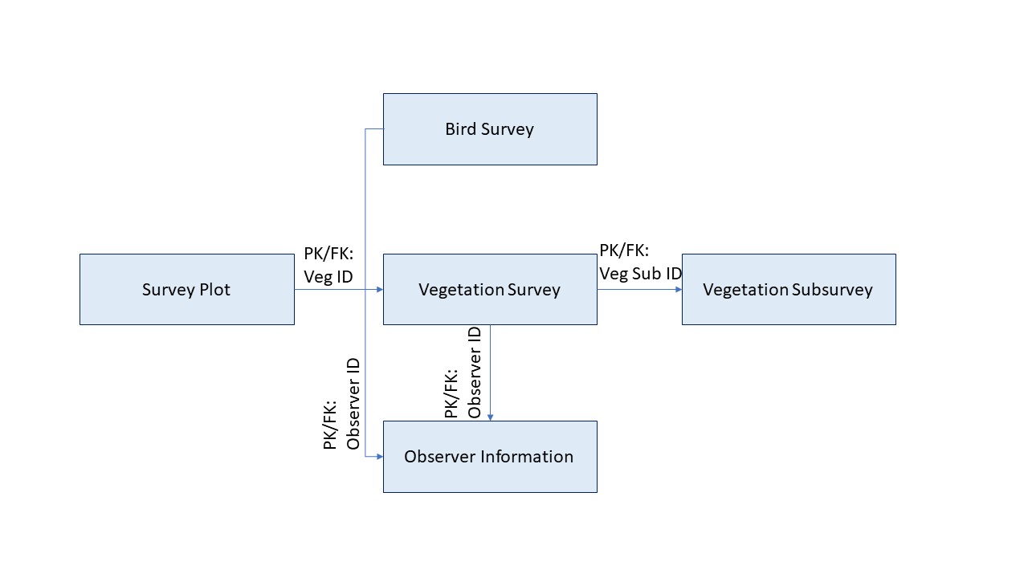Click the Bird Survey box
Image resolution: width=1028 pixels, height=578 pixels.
(x=490, y=129)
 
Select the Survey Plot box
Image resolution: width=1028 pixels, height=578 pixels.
(x=186, y=290)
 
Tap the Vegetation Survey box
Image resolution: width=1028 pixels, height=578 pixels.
(x=490, y=290)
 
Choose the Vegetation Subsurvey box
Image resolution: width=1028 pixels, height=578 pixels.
(x=788, y=290)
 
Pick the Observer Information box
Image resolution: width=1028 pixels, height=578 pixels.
(x=490, y=457)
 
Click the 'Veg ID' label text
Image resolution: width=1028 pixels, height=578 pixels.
(x=328, y=277)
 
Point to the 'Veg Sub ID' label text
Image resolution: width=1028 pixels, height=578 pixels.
(x=640, y=273)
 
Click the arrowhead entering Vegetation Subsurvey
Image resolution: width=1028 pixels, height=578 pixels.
(x=679, y=290)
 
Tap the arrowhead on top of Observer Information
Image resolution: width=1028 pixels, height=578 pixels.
(x=490, y=417)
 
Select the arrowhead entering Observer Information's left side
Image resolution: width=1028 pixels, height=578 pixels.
(x=379, y=456)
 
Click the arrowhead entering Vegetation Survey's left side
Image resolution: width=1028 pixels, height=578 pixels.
(x=379, y=290)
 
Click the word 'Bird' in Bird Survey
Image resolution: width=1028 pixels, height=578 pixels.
(x=461, y=129)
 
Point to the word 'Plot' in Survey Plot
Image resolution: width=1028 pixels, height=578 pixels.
(x=214, y=290)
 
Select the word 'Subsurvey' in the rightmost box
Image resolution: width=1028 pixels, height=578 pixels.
(x=832, y=290)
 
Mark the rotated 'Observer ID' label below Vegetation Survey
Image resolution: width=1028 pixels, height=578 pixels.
(x=475, y=372)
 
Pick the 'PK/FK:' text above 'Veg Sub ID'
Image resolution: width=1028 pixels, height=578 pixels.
(x=624, y=250)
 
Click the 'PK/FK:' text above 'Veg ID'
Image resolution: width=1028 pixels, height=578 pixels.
(x=328, y=254)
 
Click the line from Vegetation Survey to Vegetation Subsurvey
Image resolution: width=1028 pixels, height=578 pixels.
(x=638, y=290)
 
